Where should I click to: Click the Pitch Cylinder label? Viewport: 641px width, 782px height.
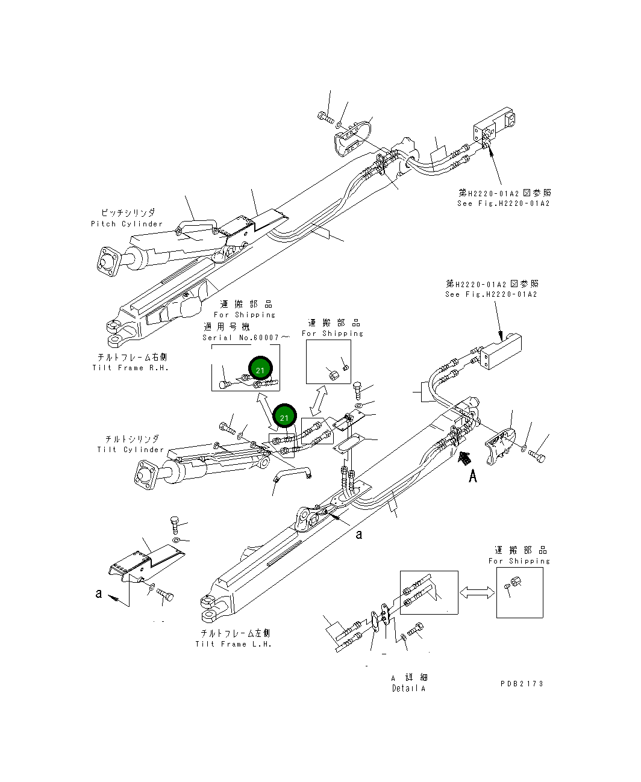(x=127, y=223)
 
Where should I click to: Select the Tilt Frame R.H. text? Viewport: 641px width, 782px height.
(x=130, y=367)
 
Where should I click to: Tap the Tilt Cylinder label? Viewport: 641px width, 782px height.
(x=130, y=449)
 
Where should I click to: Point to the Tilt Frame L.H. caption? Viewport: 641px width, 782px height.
(x=233, y=644)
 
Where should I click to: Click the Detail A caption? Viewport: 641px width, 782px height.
(x=408, y=688)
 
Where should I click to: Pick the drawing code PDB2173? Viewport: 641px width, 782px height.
(x=521, y=683)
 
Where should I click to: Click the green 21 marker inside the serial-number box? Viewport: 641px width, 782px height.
(x=260, y=370)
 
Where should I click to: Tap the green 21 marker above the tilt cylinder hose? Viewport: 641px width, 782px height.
(x=284, y=417)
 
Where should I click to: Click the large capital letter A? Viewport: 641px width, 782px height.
(x=473, y=477)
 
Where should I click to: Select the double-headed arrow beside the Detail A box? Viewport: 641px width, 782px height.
(x=477, y=593)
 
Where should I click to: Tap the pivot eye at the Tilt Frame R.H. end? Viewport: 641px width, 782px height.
(x=113, y=329)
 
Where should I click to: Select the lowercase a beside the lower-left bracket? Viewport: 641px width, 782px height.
(x=99, y=594)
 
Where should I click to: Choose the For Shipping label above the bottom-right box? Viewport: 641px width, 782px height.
(x=519, y=560)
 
